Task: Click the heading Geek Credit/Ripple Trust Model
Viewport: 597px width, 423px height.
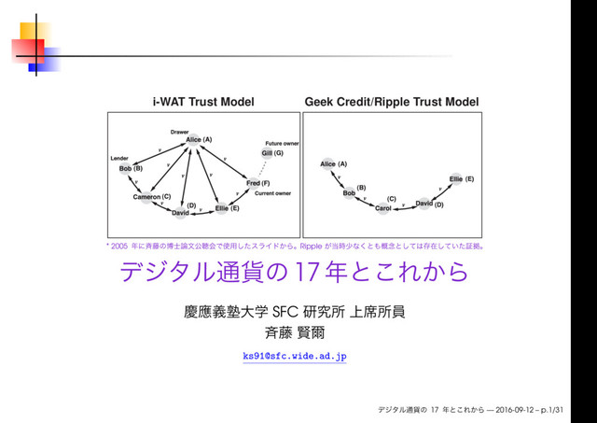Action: [x=391, y=101]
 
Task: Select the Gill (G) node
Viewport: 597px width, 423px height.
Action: [x=267, y=152]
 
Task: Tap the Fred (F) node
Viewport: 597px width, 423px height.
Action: [x=254, y=184]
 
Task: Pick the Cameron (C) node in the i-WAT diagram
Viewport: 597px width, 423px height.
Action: [x=146, y=197]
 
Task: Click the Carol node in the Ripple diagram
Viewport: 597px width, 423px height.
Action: [x=383, y=207]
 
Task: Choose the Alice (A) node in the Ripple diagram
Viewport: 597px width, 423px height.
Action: [x=328, y=163]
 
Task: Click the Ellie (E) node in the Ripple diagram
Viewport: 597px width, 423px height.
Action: [x=456, y=177]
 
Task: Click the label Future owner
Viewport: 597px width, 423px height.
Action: [x=281, y=143]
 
